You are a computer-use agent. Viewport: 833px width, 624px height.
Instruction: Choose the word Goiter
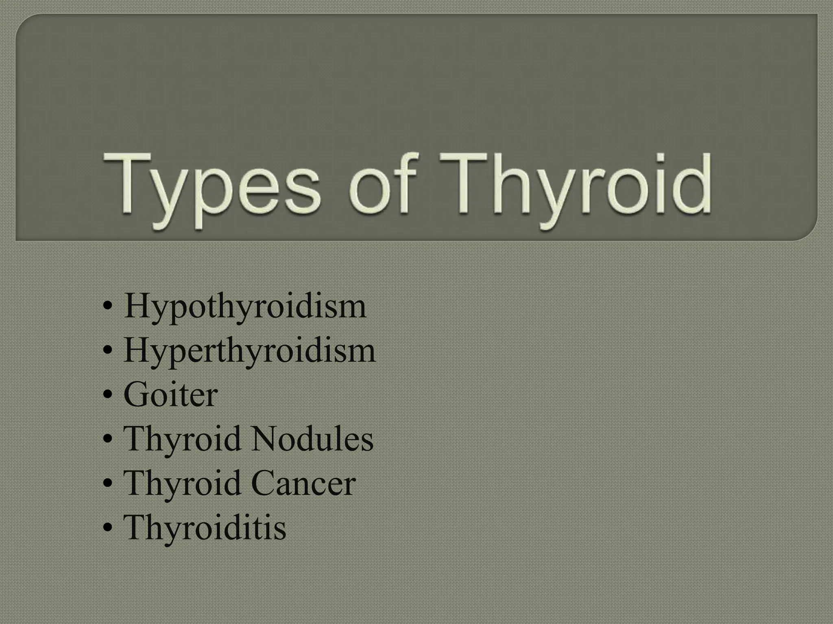point(170,395)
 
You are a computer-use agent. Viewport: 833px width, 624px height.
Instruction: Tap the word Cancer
point(303,484)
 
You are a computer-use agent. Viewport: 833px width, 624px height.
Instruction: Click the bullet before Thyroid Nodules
point(108,440)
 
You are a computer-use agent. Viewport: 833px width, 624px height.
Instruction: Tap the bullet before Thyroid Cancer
point(108,484)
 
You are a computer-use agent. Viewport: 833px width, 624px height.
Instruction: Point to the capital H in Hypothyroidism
point(138,305)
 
